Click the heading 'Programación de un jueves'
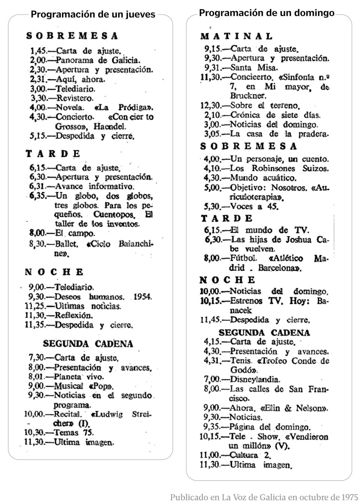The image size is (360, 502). click(93, 15)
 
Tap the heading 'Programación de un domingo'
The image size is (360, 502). click(267, 13)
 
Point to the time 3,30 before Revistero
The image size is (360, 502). click(38, 98)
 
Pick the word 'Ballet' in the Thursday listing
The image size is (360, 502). click(66, 244)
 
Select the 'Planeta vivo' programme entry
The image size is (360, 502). click(79, 377)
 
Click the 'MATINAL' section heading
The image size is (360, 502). click(237, 36)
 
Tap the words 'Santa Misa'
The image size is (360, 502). click(254, 68)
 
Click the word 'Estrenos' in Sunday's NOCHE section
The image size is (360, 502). click(246, 301)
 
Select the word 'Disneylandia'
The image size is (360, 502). click(255, 380)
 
